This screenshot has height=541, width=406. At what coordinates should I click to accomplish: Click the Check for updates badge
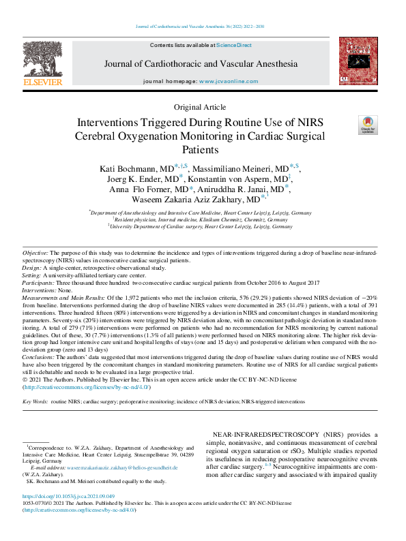(x=367, y=124)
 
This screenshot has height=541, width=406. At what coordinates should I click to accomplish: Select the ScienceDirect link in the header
(x=234, y=45)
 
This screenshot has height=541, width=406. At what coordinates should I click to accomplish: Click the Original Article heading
(x=201, y=108)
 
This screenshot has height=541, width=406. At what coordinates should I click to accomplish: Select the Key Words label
(x=35, y=402)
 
